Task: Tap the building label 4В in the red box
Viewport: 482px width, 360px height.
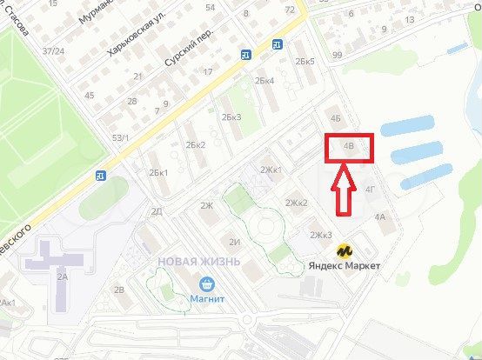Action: coord(350,147)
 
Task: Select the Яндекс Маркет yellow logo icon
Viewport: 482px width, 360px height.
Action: coord(345,250)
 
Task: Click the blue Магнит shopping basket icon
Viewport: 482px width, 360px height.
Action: coord(207,283)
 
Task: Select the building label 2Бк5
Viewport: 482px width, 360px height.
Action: coord(305,62)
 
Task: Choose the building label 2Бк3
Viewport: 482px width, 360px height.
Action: coord(231,117)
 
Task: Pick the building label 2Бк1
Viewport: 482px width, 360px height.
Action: coord(158,172)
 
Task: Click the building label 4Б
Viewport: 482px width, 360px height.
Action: coord(337,118)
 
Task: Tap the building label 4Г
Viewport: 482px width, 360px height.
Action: coord(370,188)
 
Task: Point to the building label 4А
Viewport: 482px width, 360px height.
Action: coord(379,217)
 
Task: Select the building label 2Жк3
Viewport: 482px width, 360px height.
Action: coord(322,235)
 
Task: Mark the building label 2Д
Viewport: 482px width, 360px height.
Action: coord(157,211)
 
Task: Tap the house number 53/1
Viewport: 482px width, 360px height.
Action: coord(120,137)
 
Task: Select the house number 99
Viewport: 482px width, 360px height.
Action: coord(337,56)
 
